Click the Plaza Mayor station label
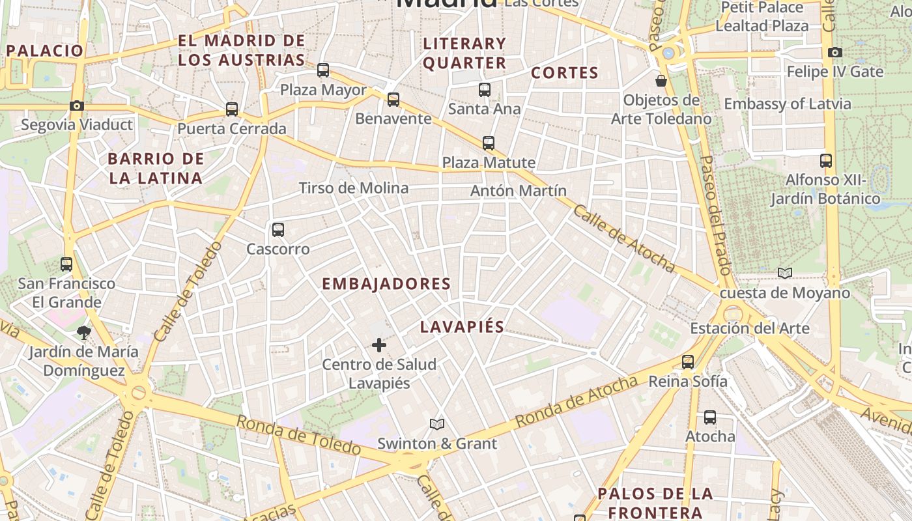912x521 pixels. coord(323,90)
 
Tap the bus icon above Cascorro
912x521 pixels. coord(278,229)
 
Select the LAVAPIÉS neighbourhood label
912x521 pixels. coord(462,327)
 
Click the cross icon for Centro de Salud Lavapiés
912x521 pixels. coord(378,345)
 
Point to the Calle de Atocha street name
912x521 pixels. coord(623,239)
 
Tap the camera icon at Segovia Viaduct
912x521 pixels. coord(77,106)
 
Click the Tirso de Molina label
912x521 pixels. coord(354,188)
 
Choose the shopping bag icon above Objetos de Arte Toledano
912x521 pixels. coord(661,81)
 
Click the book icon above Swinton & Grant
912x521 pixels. coord(437,425)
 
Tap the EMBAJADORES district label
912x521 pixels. coord(386,284)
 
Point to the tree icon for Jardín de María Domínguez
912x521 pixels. coord(83,333)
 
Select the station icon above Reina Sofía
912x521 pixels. coord(688,362)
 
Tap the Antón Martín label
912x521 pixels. coord(518,191)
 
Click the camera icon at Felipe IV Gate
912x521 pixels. coord(834,52)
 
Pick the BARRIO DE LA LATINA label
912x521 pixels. coord(156,168)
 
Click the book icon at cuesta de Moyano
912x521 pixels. coord(785,274)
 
